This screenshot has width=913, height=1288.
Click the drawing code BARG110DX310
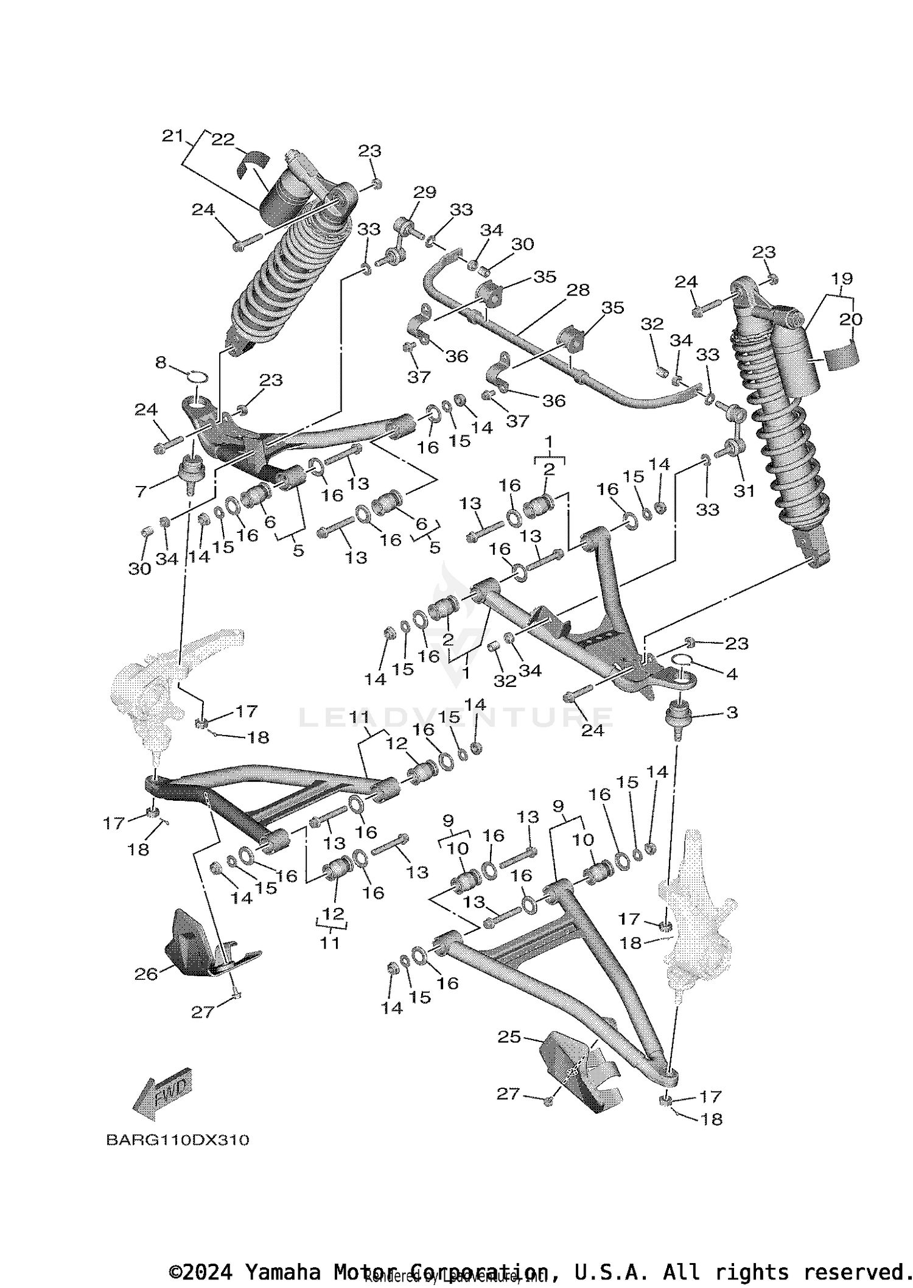[x=177, y=1140]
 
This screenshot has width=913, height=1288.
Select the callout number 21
[x=172, y=136]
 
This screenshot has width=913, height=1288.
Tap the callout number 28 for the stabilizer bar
[x=578, y=290]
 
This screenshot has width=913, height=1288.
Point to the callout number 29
[x=425, y=192]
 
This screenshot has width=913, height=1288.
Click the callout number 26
[x=146, y=974]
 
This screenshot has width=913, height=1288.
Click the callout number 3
[x=732, y=712]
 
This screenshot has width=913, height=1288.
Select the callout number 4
[x=732, y=674]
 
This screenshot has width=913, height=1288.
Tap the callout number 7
[x=141, y=491]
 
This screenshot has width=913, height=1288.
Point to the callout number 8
[x=161, y=363]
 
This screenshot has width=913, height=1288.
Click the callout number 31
[x=744, y=491]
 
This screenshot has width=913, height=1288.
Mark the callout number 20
[x=852, y=319]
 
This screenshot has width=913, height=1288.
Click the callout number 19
[x=842, y=278]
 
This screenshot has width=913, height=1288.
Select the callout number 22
[x=223, y=139]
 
